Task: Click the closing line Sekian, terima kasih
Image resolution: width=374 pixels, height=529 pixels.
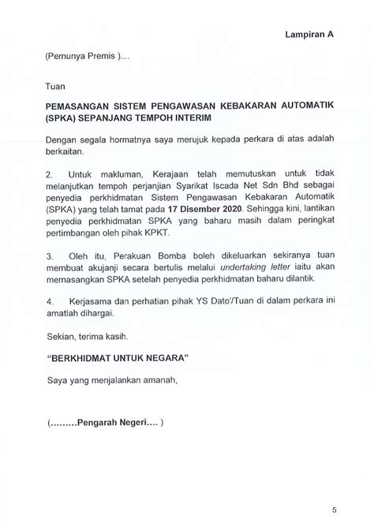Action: (x=82, y=335)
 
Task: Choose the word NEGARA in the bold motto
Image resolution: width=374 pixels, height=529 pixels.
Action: (x=162, y=358)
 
